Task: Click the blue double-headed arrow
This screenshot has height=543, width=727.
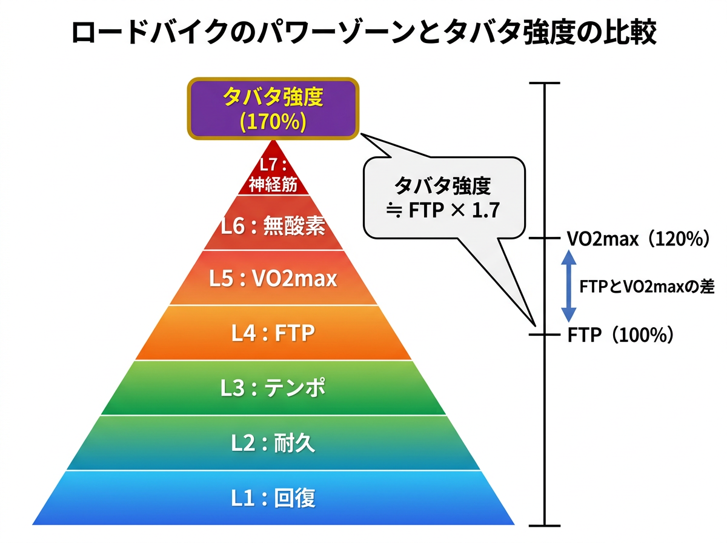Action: coord(568,287)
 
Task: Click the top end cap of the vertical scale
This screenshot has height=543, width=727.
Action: coord(544,84)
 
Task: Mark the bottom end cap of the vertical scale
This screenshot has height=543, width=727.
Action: coord(544,525)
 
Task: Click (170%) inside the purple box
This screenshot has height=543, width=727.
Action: coord(273,121)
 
